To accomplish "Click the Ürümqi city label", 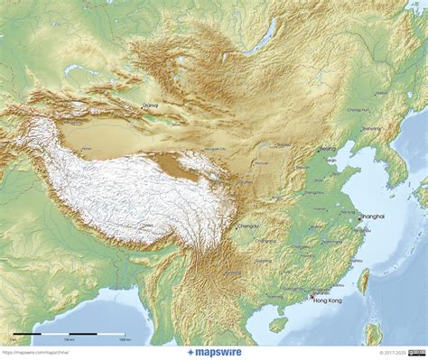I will (x=150, y=106).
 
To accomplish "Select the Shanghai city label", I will (x=371, y=217).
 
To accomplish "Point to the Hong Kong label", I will (x=326, y=300).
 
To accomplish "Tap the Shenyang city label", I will (x=369, y=128).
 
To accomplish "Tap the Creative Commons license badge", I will (x=417, y=352).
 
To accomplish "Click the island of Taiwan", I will (x=364, y=281).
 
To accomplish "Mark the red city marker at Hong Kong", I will (x=312, y=294).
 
